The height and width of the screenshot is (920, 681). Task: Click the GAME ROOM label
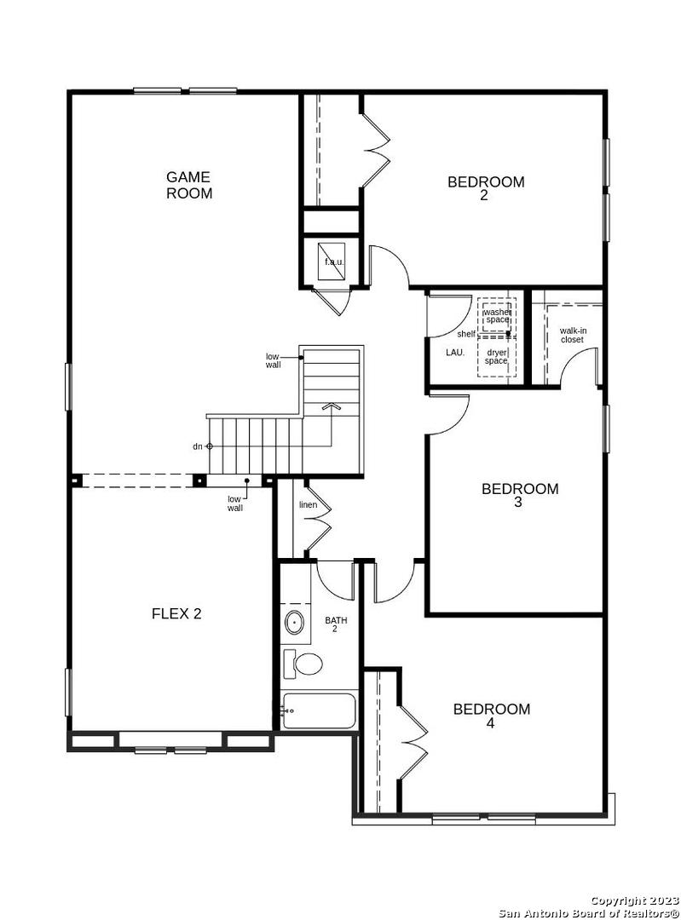188,185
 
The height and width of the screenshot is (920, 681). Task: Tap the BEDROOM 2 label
486,187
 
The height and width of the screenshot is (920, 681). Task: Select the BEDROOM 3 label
520,495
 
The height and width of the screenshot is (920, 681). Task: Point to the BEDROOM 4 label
492,716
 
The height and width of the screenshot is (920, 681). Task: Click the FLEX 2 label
176,613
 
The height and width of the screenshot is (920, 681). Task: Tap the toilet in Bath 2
303,664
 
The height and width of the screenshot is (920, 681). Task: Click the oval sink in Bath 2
294,621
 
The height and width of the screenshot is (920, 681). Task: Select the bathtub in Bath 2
319,711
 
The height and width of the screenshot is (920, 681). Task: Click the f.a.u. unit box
332,262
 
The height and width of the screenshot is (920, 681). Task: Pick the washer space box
497,316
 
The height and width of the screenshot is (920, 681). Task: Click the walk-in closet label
573,335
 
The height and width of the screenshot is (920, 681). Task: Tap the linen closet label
309,504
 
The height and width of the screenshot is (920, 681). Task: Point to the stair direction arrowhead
331,405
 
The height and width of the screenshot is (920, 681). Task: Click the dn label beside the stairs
197,446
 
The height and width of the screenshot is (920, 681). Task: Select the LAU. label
455,353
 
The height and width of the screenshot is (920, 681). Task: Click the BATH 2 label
336,624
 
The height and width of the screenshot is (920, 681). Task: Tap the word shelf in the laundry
466,334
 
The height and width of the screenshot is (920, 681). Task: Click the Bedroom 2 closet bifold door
375,150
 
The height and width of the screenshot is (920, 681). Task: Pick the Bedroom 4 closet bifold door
413,742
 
